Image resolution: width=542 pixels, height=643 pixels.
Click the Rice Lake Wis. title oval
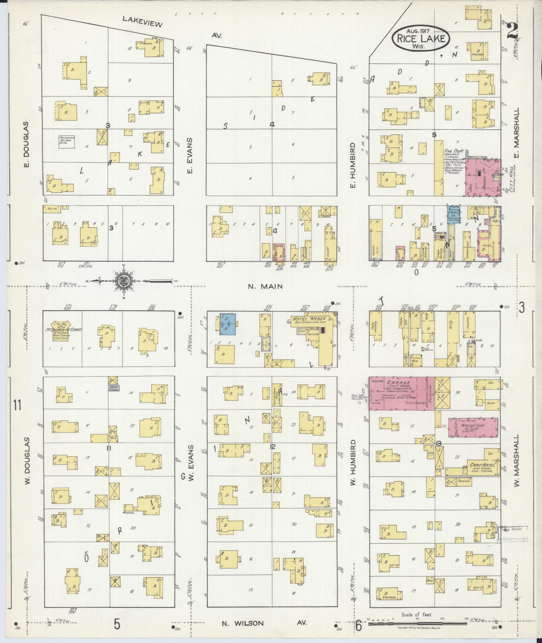coord(420,39)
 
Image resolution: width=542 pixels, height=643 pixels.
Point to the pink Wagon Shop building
coord(473,428)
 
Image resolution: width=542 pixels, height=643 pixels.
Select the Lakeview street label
coord(142,22)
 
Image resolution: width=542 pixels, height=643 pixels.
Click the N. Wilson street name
coord(238,623)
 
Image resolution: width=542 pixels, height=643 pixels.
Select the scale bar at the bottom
coord(417,624)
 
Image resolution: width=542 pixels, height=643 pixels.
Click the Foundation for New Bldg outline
coord(66,142)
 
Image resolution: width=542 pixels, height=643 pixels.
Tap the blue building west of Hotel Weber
coord(227,324)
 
